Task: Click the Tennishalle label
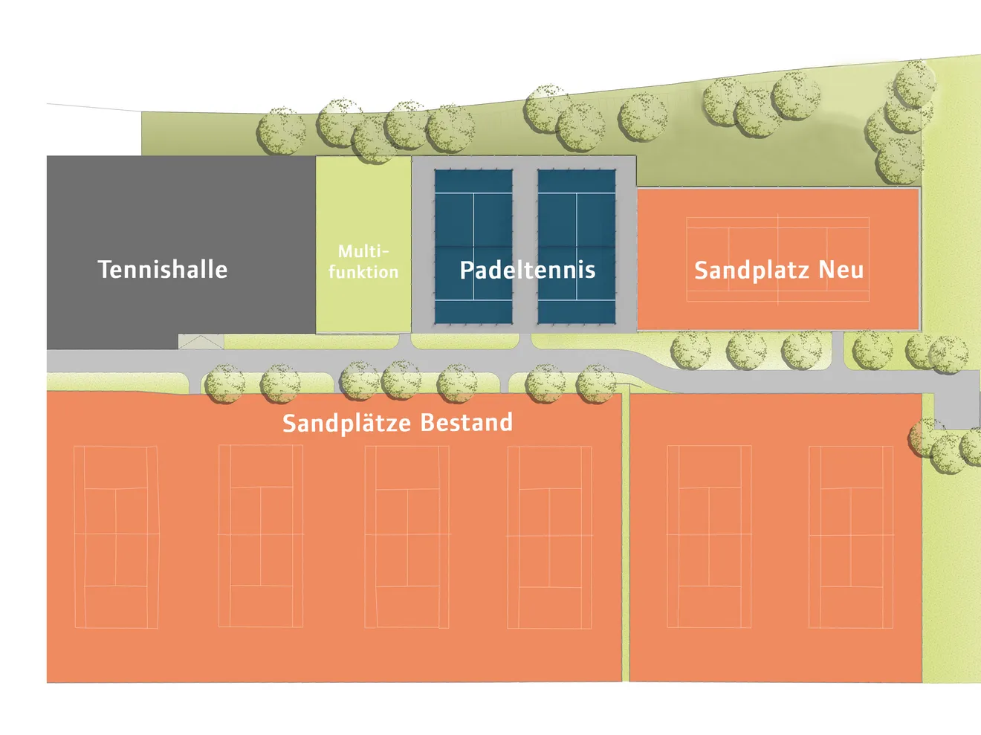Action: point(163,269)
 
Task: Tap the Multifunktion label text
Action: point(363,262)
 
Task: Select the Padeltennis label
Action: point(528,270)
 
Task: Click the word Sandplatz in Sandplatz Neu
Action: point(751,271)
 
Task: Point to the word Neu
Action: point(841,269)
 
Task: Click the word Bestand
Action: point(466,422)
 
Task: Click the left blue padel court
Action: point(473,216)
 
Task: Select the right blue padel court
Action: point(577,216)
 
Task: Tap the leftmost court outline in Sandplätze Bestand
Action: point(116,537)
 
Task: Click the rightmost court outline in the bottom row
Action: point(850,537)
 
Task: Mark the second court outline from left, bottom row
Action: point(261,537)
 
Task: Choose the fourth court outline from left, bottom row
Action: point(549,537)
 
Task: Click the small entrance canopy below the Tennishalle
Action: point(201,342)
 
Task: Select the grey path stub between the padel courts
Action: point(525,341)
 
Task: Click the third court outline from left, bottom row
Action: point(407,537)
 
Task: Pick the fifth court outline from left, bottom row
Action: point(709,537)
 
